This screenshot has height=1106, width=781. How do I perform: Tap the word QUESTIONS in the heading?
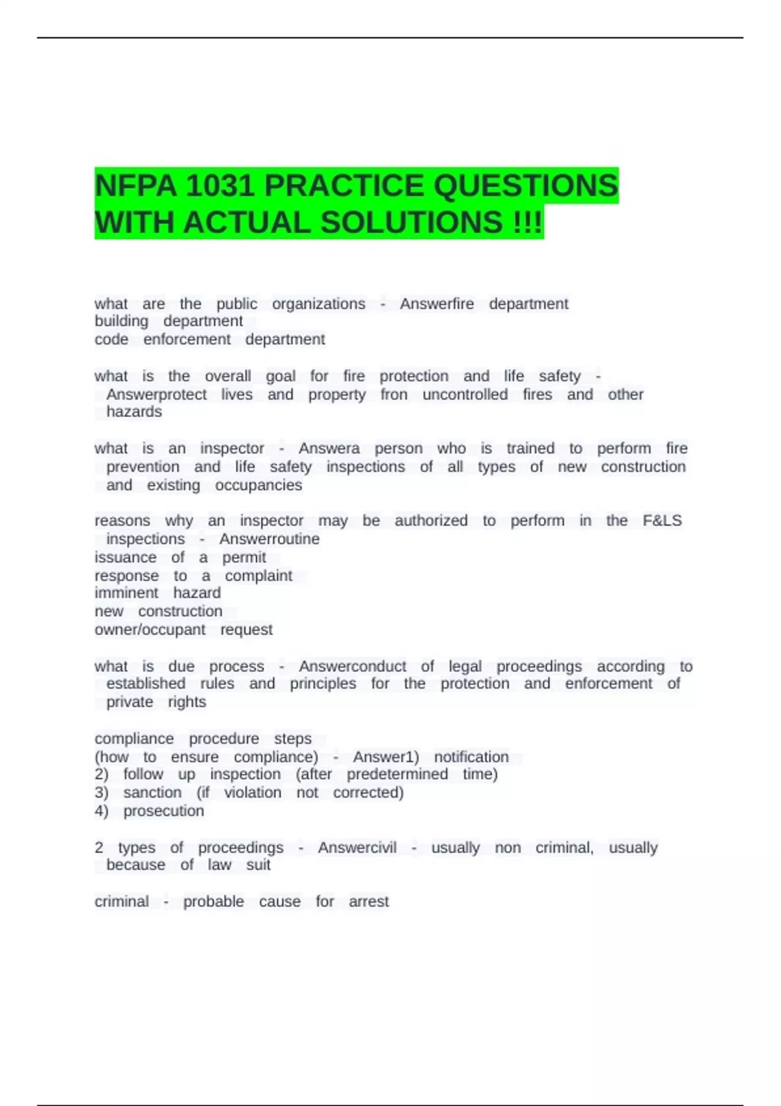[525, 186]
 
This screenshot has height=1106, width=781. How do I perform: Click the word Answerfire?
[437, 304]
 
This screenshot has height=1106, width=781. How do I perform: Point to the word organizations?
[318, 304]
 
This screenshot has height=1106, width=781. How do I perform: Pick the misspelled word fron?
[394, 394]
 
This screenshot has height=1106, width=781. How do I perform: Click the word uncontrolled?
[465, 394]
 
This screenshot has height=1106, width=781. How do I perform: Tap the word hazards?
[134, 412]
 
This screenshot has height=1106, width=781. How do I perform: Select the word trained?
[530, 448]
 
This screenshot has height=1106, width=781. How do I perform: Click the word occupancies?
[258, 485]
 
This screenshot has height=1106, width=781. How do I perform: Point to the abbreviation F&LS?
[662, 520]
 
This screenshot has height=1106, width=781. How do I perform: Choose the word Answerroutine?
[269, 539]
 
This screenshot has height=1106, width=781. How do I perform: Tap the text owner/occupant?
[150, 630]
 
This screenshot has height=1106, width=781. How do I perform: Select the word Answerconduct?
[352, 666]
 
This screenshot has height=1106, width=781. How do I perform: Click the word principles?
[323, 684]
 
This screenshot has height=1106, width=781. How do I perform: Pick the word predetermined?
[397, 774]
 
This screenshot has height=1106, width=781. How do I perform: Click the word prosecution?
[163, 811]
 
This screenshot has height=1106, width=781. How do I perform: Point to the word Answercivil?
[357, 848]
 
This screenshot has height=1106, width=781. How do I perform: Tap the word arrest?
[368, 902]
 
